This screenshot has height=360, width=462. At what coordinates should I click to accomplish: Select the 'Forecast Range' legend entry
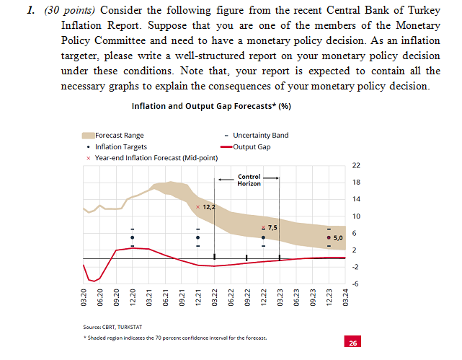tap(118, 135)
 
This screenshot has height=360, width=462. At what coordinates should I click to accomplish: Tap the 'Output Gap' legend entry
tap(252, 146)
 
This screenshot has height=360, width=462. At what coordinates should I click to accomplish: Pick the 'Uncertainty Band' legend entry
tap(260, 135)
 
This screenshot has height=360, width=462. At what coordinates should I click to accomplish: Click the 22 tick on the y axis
tap(355, 166)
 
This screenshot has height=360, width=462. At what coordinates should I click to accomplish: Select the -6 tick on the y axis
tap(355, 284)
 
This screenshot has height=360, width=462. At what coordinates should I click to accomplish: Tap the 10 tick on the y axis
tap(355, 216)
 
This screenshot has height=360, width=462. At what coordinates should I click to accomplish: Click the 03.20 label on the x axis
tap(84, 297)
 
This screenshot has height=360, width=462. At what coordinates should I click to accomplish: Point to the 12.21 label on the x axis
tap(198, 297)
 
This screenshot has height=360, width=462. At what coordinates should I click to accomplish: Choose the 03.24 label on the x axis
tap(345, 297)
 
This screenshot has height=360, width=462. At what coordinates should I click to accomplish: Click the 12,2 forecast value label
tap(210, 207)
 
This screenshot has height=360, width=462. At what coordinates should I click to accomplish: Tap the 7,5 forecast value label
tap(272, 228)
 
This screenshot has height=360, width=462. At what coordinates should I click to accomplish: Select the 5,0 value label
tap(339, 237)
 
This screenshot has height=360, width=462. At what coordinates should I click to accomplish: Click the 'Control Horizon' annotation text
tap(249, 180)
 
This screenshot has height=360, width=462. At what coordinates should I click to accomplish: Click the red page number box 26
tap(352, 343)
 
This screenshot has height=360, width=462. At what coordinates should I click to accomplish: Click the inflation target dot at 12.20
tap(133, 237)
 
